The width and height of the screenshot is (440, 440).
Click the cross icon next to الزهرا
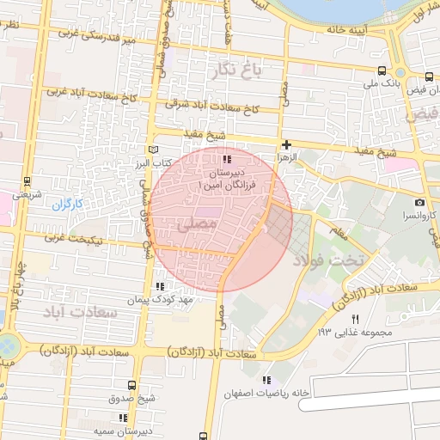click(286, 144)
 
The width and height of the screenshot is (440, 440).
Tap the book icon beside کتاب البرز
click(154, 150)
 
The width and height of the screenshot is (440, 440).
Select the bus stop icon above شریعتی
click(27, 181)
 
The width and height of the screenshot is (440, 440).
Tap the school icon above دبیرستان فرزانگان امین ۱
click(227, 160)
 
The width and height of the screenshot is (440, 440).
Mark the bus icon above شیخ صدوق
click(131, 385)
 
